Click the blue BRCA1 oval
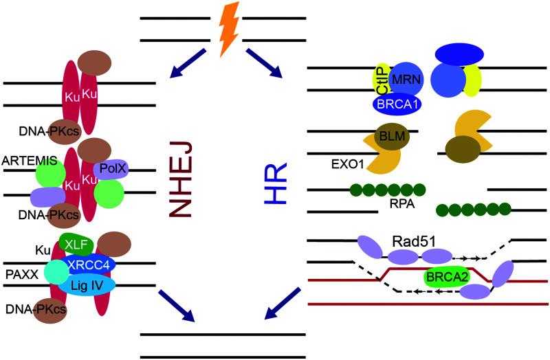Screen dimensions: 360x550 tap(397, 103)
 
